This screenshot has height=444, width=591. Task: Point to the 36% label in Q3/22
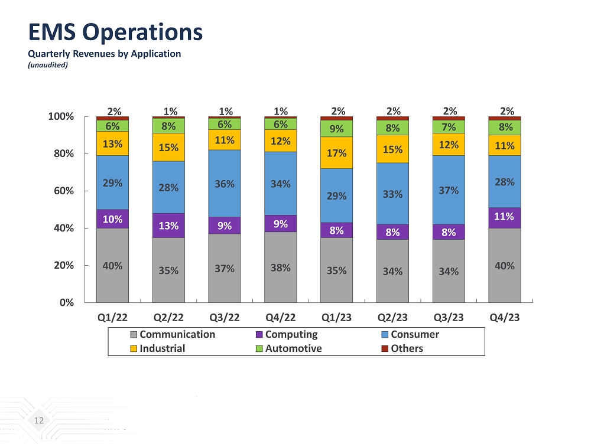pos(225,184)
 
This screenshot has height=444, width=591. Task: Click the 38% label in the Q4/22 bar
pos(280,267)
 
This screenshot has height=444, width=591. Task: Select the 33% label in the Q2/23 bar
pos(392,194)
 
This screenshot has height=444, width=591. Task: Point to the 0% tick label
pos(66,302)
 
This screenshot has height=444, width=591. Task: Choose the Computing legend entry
pos(291,334)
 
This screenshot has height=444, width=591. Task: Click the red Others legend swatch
pos(385,348)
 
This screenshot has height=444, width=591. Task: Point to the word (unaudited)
pos(48,65)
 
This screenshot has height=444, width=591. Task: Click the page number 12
pos(39,420)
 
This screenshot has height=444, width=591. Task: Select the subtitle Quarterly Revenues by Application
pos(105,54)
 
